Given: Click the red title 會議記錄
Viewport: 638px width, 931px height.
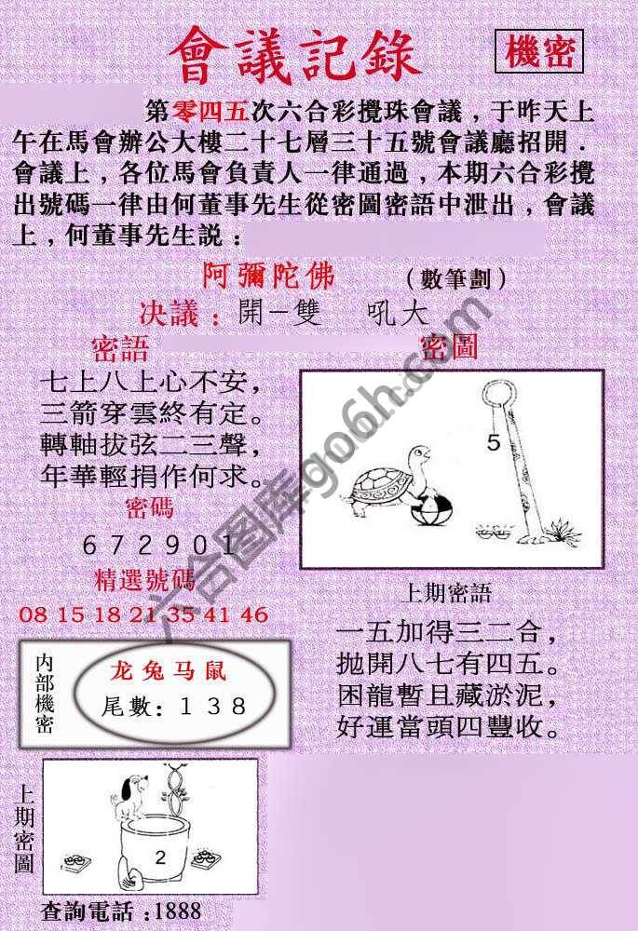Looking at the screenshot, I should (295, 55).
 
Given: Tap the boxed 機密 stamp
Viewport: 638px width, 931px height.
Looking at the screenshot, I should (539, 51).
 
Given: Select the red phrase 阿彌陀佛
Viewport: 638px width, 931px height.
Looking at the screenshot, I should (267, 277).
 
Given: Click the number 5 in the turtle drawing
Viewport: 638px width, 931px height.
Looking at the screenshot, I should (494, 443).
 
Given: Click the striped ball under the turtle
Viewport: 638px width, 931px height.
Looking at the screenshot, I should (436, 513).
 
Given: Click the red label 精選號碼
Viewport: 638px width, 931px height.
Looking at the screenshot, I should (145, 582).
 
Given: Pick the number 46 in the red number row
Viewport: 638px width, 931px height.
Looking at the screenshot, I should (254, 614).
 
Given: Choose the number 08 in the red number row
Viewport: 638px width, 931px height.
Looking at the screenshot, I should (33, 614).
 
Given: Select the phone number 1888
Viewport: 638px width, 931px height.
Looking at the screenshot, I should (179, 910).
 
